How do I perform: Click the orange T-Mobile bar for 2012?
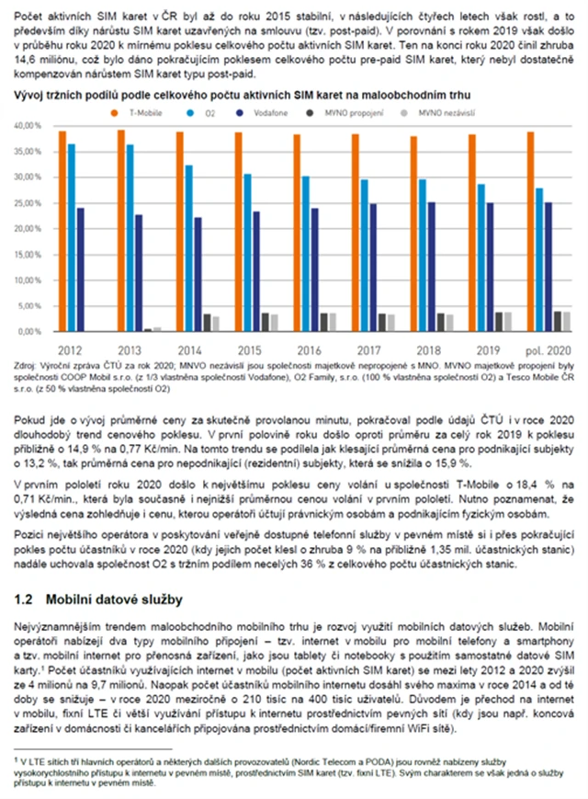click(62, 230)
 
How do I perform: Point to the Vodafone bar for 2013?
click(140, 272)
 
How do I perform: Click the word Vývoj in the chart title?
click(28, 95)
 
